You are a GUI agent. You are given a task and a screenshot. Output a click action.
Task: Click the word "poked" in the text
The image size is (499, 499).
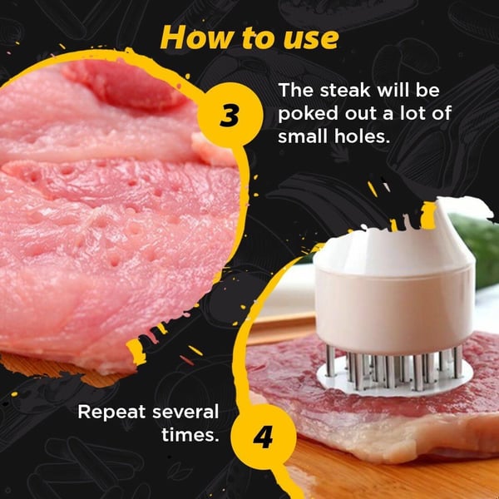click(309, 114)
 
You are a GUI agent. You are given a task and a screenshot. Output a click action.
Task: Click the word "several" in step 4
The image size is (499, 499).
click(185, 413)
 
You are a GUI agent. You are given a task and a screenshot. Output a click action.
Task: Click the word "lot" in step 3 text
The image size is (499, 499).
click(408, 114)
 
